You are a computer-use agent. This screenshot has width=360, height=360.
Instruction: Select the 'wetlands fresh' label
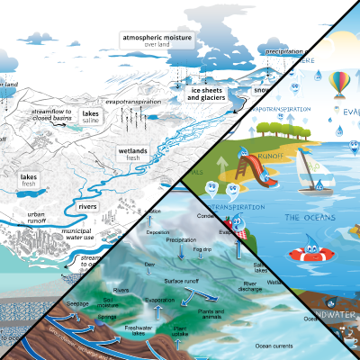[132, 154]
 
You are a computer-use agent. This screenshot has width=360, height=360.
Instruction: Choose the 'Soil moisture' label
[87, 298]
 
